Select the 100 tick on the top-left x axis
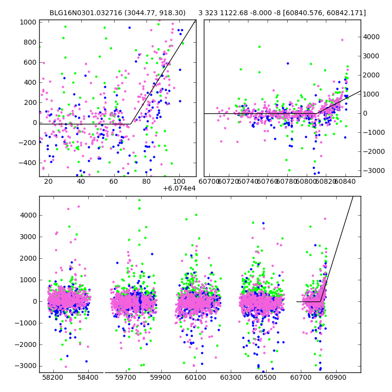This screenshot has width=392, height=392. click(179, 182)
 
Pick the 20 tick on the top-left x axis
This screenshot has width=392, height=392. click(48, 182)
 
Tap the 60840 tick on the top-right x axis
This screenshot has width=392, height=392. click(345, 182)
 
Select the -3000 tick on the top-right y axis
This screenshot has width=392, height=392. click(372, 170)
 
